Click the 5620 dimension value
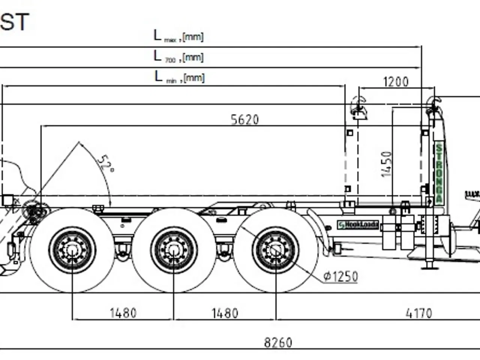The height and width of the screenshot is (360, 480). coord(244,120)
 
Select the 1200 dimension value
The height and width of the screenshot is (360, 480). coord(396,82)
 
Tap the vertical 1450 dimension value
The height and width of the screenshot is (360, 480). coord(386,164)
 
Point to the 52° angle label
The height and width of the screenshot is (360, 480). coord(105,163)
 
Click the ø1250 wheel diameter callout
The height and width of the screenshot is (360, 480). coord(340,277)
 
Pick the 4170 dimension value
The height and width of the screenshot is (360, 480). coord(418,313)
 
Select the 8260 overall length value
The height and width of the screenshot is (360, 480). coord(278,342)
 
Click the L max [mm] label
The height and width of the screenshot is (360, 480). coord(178,36)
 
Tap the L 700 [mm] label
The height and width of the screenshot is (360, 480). coord(178,57)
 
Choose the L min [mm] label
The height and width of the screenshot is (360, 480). coord(179,77)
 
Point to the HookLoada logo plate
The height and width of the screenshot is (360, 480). coord(358,225)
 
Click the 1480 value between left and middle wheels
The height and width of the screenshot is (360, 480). coord(123,313)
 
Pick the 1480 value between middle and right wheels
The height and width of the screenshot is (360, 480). coord(225,313)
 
